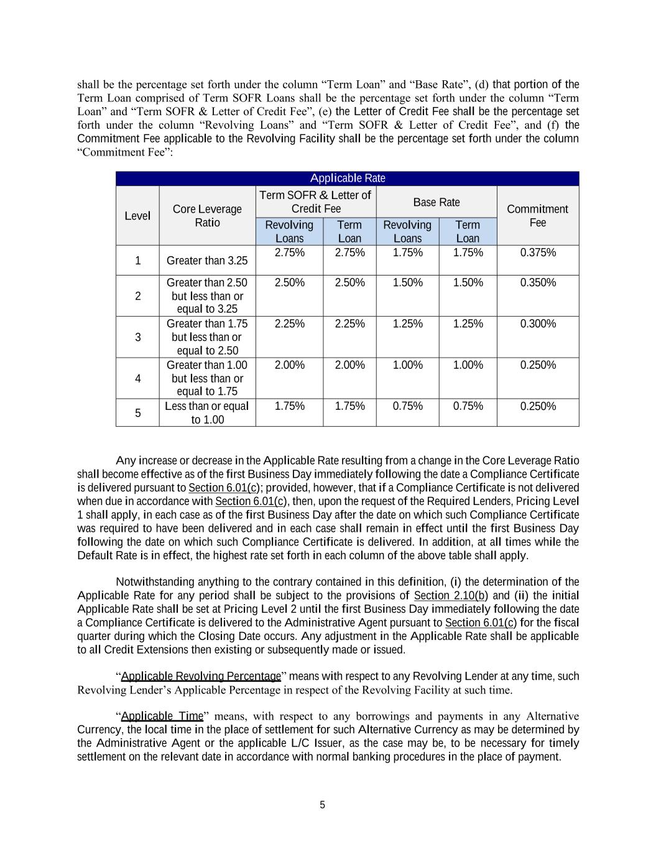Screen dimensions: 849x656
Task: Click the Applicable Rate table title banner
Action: pyautogui.click(x=347, y=179)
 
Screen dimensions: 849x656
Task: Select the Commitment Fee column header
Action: pyautogui.click(x=537, y=216)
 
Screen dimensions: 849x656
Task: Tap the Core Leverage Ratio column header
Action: pyautogui.click(x=207, y=216)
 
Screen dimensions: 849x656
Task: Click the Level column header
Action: pyautogui.click(x=137, y=216)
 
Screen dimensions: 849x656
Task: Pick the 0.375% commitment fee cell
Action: pyautogui.click(x=538, y=253)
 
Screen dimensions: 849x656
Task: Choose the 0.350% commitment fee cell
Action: pyautogui.click(x=538, y=283)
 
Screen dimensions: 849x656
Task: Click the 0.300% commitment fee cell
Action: pyautogui.click(x=538, y=324)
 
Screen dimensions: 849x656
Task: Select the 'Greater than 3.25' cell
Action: pyautogui.click(x=207, y=261)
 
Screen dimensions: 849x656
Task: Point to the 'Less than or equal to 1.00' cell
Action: pyautogui.click(x=207, y=413)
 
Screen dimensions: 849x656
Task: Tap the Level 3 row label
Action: pyautogui.click(x=137, y=337)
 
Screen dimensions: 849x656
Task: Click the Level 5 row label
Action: pyautogui.click(x=137, y=413)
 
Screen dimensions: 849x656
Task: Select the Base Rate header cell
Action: pyautogui.click(x=437, y=202)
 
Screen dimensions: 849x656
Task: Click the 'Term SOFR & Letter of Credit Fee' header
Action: pyautogui.click(x=316, y=202)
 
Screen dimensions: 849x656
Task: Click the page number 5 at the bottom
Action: pyautogui.click(x=322, y=805)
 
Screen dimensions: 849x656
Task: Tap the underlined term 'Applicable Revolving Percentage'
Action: pyautogui.click(x=201, y=676)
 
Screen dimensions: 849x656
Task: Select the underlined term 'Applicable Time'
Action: pyautogui.click(x=162, y=716)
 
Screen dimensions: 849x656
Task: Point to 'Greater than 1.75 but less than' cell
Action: pyautogui.click(x=207, y=337)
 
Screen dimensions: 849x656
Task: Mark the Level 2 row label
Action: pyautogui.click(x=137, y=296)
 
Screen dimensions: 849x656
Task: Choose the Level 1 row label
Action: pyautogui.click(x=137, y=261)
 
